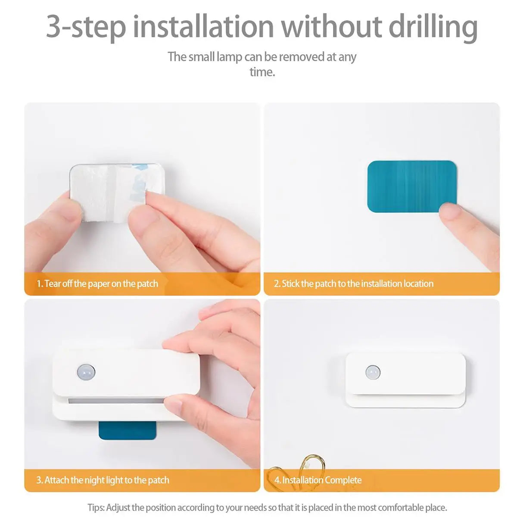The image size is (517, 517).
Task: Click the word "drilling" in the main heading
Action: tap(433, 27)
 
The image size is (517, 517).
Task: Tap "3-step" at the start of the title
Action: tap(86, 27)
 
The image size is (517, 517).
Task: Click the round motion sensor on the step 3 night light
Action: tap(86, 372)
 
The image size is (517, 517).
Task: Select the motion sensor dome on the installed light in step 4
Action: tap(373, 372)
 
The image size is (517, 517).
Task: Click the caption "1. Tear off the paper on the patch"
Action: tap(97, 283)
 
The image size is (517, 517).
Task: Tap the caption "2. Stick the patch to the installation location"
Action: tap(353, 283)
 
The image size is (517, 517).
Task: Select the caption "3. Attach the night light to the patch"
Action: tap(103, 480)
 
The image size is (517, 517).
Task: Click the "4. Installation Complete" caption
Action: tap(318, 480)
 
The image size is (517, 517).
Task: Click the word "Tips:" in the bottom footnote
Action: tap(96, 508)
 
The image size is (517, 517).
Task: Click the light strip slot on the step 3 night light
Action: tap(116, 401)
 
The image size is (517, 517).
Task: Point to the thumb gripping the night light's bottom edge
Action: tap(177, 405)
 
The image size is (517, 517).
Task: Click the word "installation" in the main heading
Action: tap(203, 27)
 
